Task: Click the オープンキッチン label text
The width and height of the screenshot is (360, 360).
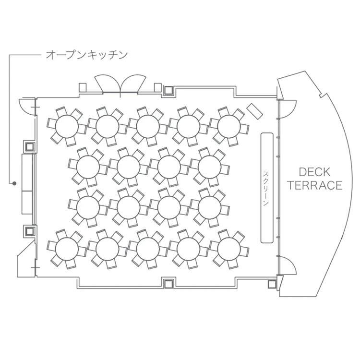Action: tap(86, 55)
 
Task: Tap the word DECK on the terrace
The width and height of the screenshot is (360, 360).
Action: tap(314, 172)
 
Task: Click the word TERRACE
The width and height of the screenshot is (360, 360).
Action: tap(315, 185)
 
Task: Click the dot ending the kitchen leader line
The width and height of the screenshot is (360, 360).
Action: tap(14, 183)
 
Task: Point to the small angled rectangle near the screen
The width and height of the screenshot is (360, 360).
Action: tap(254, 111)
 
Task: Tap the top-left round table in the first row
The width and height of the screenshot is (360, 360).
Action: tap(67, 127)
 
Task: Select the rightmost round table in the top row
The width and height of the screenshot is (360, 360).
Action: tap(228, 127)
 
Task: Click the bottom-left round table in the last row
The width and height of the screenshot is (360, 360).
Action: tap(67, 249)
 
